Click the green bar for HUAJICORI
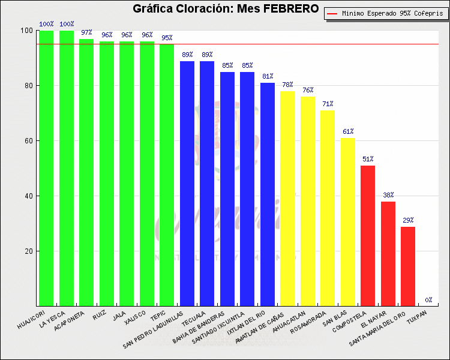[46, 168]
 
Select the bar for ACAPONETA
[86, 173]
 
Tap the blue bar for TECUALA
[207, 184]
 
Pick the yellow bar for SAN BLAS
[348, 222]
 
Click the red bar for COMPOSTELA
[368, 236]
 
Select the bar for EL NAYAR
[388, 254]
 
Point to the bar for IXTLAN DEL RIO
[268, 194]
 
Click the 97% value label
[86, 32]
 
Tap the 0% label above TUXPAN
[428, 300]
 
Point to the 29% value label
[408, 220]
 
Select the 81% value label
[268, 76]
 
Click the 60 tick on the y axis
[29, 140]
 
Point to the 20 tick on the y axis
[29, 251]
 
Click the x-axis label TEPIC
[158, 316]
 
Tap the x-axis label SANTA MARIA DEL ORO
[377, 329]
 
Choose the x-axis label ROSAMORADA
[308, 322]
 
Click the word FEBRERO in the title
[291, 8]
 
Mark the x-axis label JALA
[119, 316]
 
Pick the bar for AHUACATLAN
[308, 201]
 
